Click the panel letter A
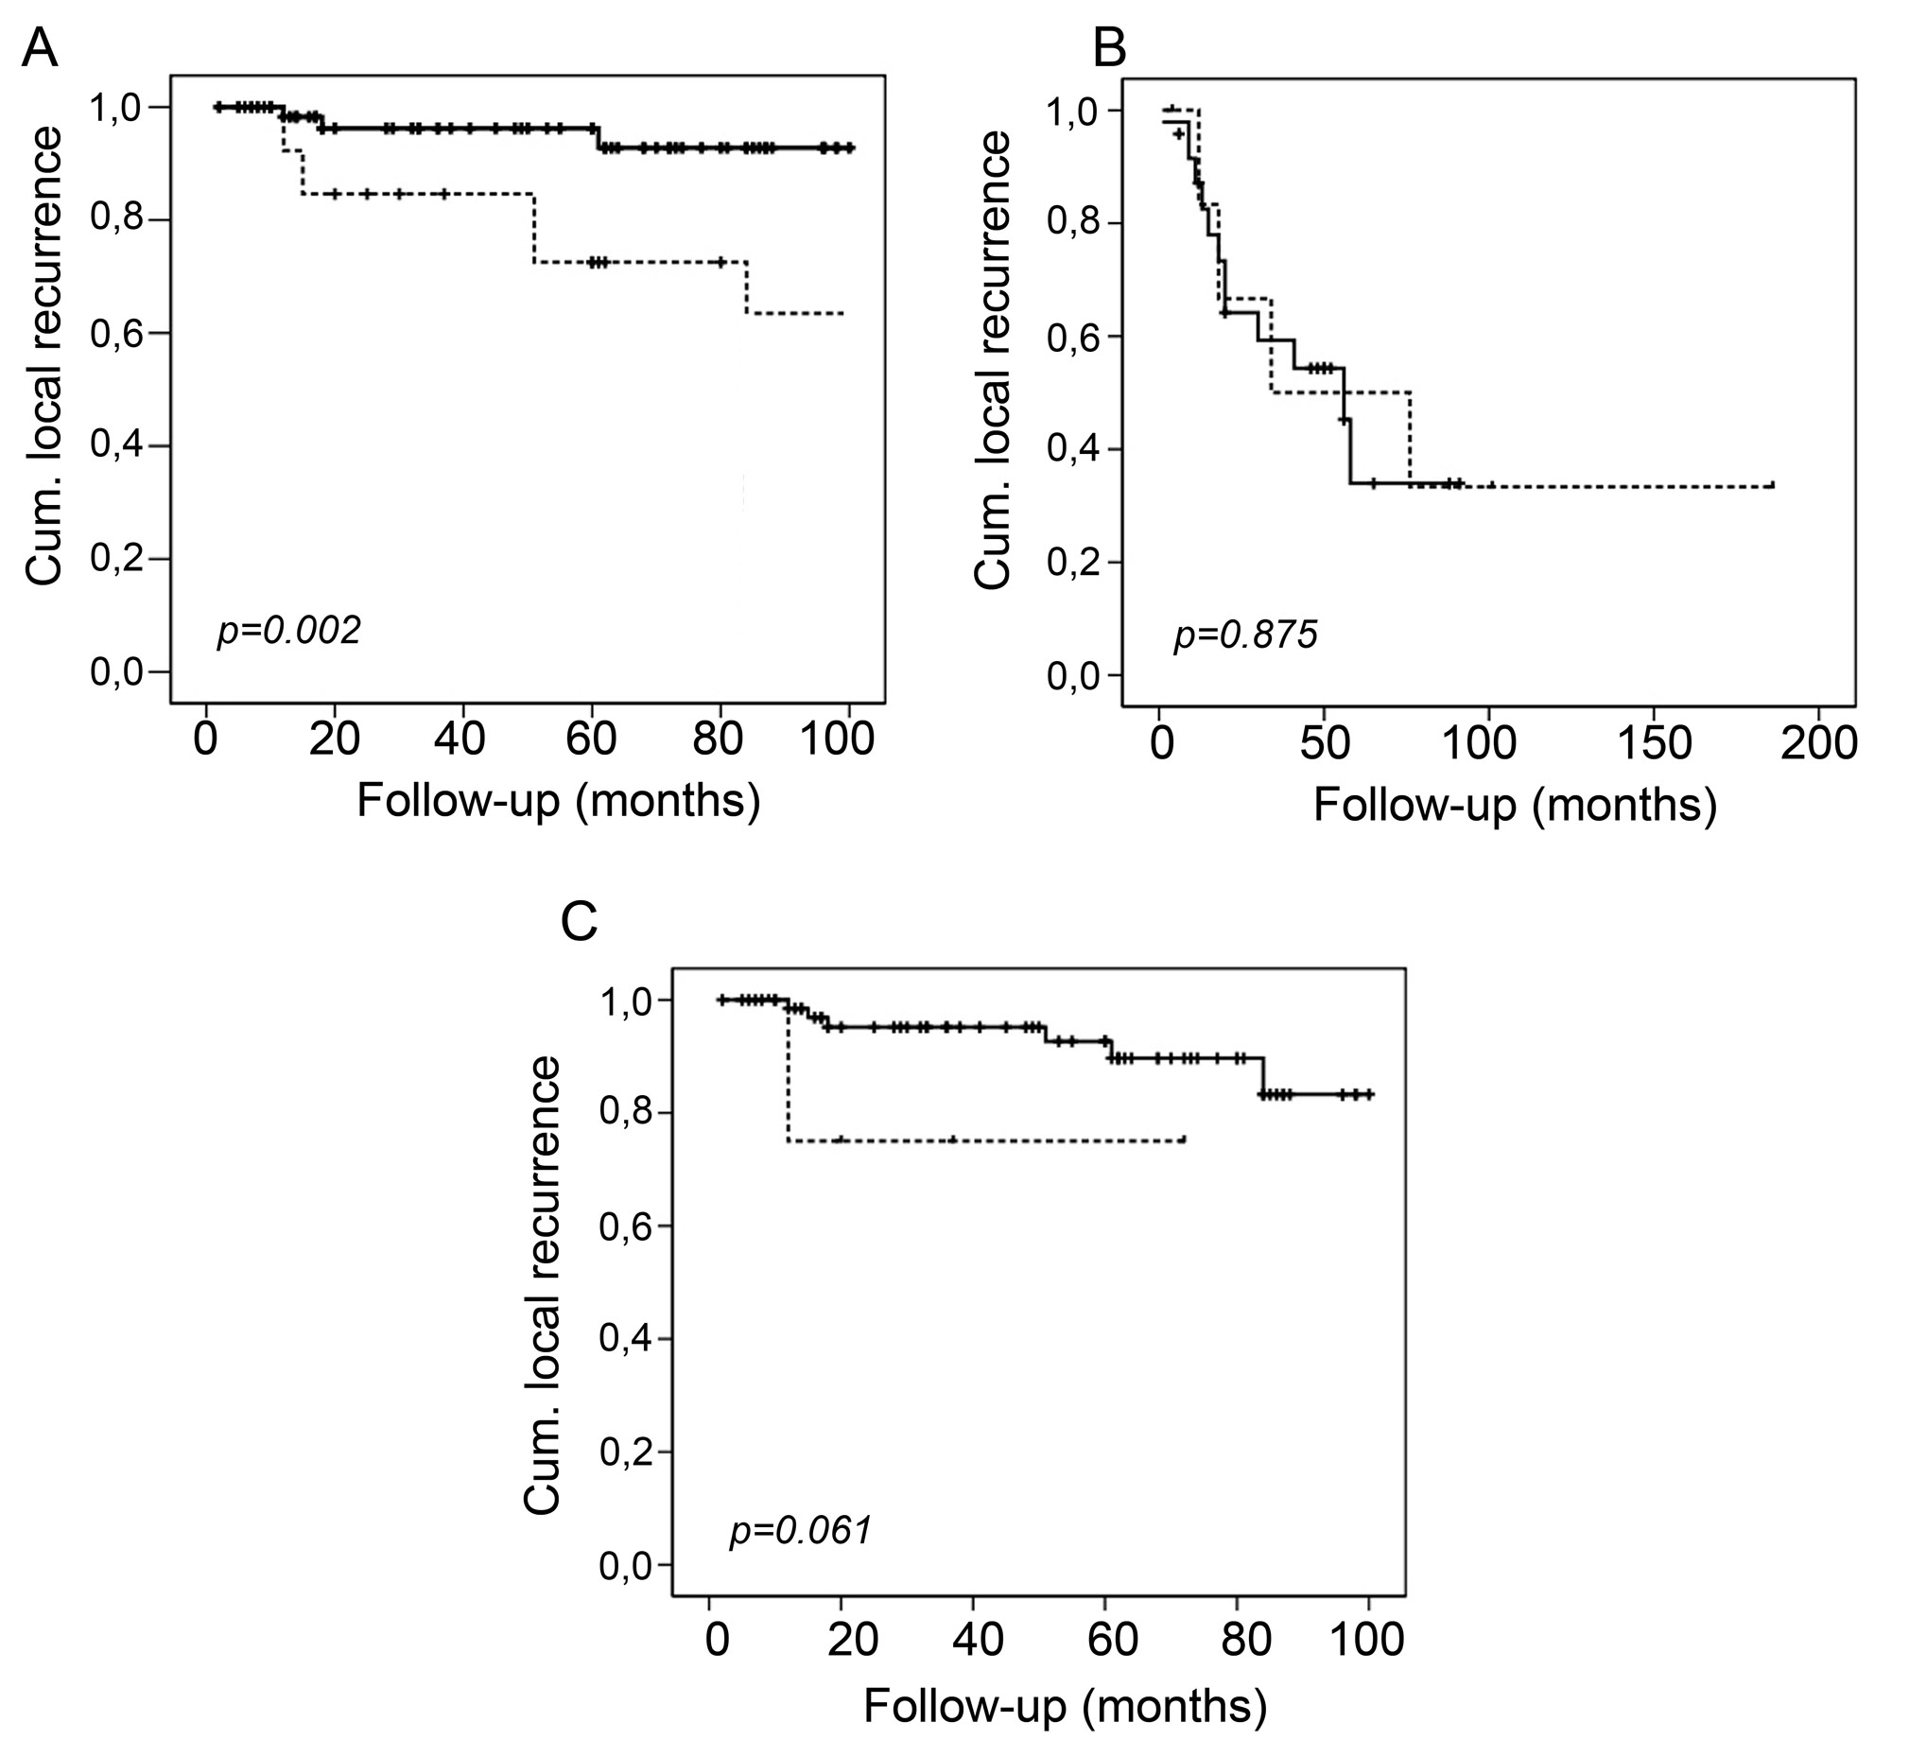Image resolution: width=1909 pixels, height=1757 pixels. tap(40, 47)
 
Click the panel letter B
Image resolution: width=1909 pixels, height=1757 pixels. tap(1109, 47)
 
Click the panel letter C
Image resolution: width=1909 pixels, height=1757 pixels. tap(579, 920)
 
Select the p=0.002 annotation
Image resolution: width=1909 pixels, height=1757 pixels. tap(289, 631)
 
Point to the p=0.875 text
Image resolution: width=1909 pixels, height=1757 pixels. tap(1246, 635)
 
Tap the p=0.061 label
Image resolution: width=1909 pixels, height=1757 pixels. tap(801, 1531)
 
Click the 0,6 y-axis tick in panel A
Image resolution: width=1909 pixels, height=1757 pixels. tap(117, 333)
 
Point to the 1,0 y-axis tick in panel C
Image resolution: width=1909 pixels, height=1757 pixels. tap(627, 1000)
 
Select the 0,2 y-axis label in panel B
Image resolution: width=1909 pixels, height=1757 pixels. tap(1075, 562)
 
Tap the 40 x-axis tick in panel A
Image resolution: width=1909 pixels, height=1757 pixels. tap(463, 739)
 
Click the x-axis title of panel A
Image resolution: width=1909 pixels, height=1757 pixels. tap(558, 801)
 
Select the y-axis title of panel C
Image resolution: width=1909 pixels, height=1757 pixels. tap(544, 1285)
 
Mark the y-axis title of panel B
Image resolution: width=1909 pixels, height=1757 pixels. tap(994, 360)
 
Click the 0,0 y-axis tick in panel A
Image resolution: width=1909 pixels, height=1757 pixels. tap(117, 672)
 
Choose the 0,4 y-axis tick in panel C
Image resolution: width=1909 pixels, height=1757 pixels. tap(627, 1340)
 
